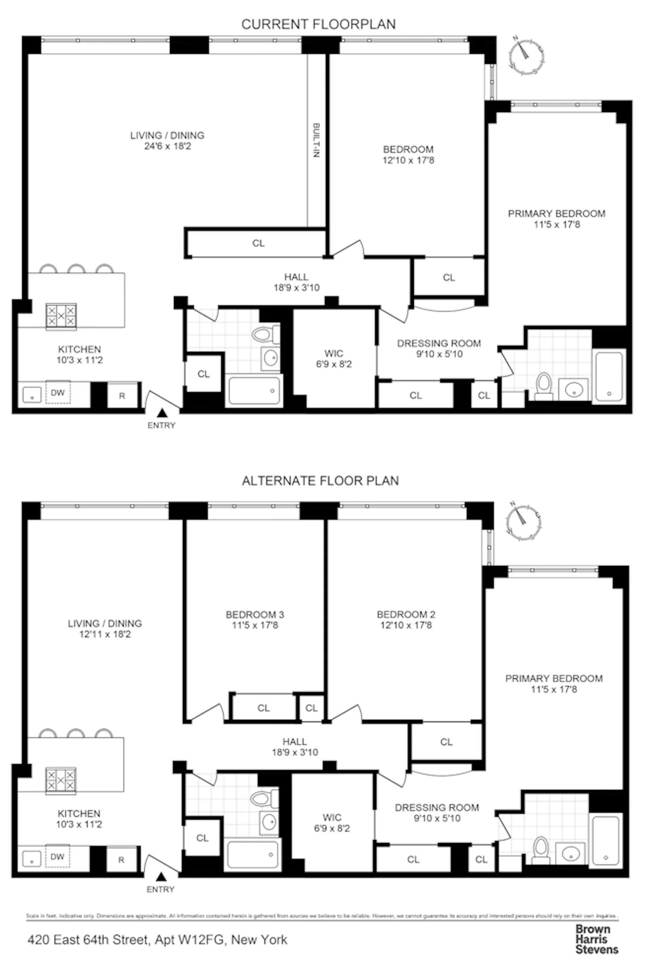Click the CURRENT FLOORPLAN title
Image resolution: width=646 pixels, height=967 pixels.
(x=319, y=24)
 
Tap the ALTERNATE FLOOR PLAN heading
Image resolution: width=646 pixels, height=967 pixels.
(x=320, y=481)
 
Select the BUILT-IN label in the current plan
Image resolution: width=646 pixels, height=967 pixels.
(x=316, y=141)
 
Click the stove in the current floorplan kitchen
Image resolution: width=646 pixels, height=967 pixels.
(x=61, y=316)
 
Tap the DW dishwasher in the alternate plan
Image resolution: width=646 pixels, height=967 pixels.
(x=57, y=857)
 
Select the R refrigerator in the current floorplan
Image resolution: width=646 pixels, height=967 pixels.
(x=122, y=396)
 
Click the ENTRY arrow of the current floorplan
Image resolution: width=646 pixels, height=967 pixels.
(x=162, y=412)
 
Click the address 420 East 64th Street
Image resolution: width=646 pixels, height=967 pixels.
(x=157, y=940)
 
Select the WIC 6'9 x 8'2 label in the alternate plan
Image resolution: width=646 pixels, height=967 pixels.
(x=331, y=823)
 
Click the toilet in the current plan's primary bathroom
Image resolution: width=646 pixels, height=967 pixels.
(x=544, y=386)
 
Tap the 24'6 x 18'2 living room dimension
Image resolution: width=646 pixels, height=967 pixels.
(x=167, y=146)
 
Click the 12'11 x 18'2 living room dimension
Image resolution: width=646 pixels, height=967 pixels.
(x=105, y=634)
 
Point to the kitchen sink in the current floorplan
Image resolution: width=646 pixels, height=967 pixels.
(x=32, y=395)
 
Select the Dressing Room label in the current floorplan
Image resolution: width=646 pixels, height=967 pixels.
(x=439, y=343)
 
